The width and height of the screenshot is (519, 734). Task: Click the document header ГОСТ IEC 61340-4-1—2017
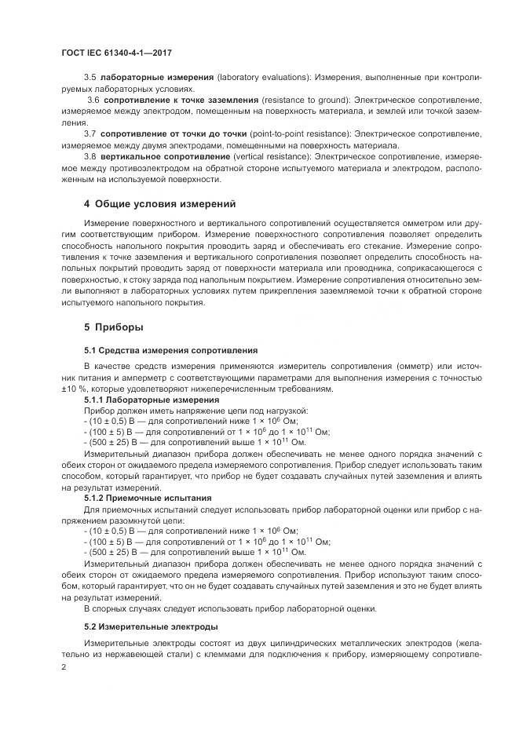click(x=116, y=53)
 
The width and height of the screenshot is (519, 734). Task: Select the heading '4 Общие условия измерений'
click(x=160, y=204)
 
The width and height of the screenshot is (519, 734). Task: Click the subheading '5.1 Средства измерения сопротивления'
click(x=170, y=349)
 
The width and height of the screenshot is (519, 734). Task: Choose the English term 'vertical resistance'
click(x=266, y=156)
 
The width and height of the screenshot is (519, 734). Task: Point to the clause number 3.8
click(x=90, y=156)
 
